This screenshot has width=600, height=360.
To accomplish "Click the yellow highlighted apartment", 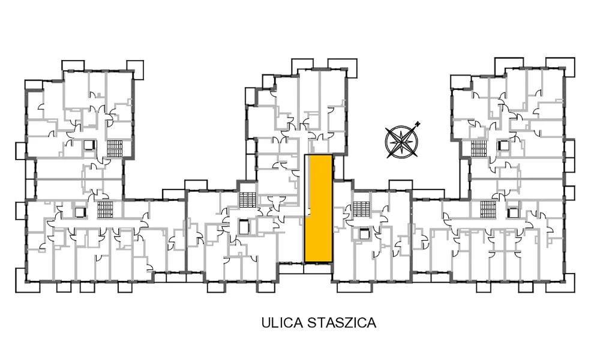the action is tap(319, 209).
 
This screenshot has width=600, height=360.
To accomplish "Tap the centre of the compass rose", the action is tap(401, 142).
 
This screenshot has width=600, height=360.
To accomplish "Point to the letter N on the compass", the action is tap(418, 124).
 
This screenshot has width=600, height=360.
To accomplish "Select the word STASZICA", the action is tap(342, 323).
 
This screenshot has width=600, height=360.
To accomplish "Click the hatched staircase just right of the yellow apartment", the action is tap(362, 209).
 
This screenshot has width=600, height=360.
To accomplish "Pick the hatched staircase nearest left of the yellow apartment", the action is tap(248, 199).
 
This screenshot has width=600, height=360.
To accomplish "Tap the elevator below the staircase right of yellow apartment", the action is tap(364, 233).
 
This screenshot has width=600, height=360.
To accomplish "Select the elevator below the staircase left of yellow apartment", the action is tap(244, 227).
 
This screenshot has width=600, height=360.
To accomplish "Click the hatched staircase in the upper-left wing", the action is tap(115, 148).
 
